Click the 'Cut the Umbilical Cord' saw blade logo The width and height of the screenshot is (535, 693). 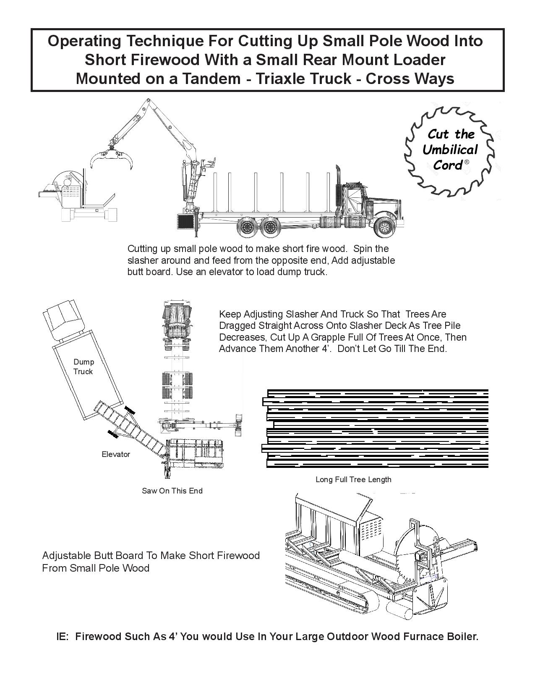pyautogui.click(x=449, y=150)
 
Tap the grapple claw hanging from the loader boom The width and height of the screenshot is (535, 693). pyautogui.click(x=112, y=157)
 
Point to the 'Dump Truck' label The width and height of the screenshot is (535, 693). pyautogui.click(x=83, y=367)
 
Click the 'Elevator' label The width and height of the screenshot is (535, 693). pyautogui.click(x=116, y=454)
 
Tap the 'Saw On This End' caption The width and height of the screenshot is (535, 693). pyautogui.click(x=172, y=491)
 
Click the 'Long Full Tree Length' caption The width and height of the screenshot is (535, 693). pyautogui.click(x=353, y=479)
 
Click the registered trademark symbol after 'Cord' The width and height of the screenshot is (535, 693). pyautogui.click(x=467, y=162)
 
